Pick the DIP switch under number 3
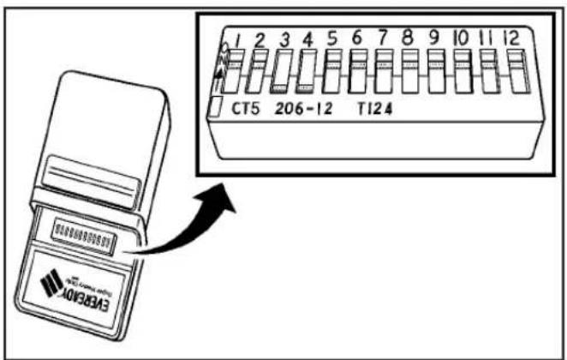coord(279,71)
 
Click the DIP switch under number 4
coord(306,71)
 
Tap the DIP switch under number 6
coord(358,71)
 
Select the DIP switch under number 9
coord(436,71)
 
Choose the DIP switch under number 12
coord(516,71)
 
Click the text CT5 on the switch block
coord(247,110)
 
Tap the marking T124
coord(374,110)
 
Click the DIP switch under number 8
coord(409,71)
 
